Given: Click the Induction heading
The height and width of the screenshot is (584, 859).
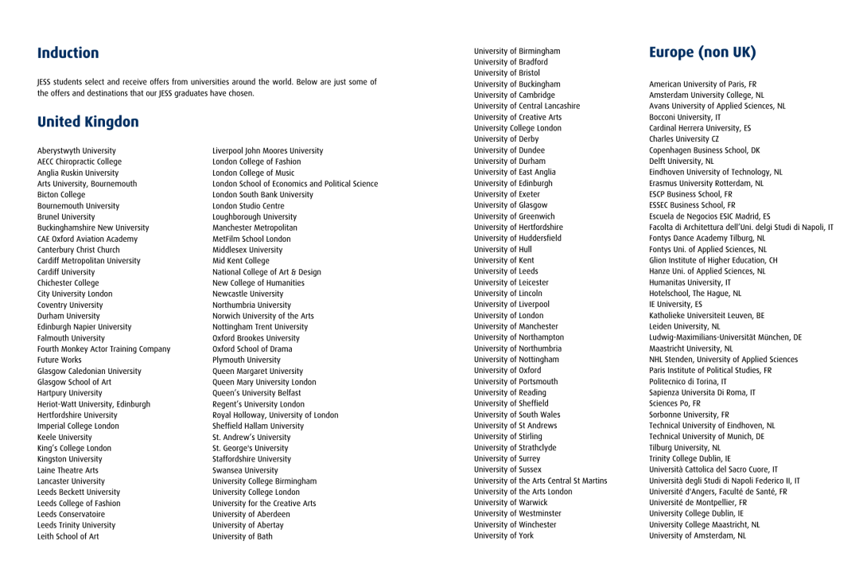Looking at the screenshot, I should pyautogui.click(x=68, y=53).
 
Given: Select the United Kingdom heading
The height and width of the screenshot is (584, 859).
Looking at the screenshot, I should pyautogui.click(x=88, y=122).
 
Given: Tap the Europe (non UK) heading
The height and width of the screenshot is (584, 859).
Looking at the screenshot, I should pyautogui.click(x=702, y=53).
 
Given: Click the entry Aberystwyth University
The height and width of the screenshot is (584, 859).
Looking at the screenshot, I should pyautogui.click(x=76, y=150).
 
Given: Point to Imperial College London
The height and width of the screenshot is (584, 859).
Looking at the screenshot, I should pyautogui.click(x=79, y=426).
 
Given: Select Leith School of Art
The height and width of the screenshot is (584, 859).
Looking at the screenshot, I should pyautogui.click(x=68, y=536).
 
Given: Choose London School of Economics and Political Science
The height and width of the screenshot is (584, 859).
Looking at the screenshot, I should pyautogui.click(x=295, y=184).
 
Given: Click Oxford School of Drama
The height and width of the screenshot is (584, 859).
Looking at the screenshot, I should pyautogui.click(x=251, y=348).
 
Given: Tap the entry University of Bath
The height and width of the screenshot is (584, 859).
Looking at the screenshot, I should pyautogui.click(x=243, y=536).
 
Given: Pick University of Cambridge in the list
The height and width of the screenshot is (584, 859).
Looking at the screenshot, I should pyautogui.click(x=515, y=95).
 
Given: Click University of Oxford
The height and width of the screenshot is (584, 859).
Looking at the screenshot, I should pyautogui.click(x=507, y=370).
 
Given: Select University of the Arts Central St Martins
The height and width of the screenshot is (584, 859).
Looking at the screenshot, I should pyautogui.click(x=541, y=481).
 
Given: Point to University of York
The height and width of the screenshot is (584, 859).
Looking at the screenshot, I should pyautogui.click(x=504, y=535).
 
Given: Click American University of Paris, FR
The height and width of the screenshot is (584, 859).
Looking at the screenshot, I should pyautogui.click(x=702, y=84).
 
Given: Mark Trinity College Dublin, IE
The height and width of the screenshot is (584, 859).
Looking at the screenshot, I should pyautogui.click(x=690, y=458).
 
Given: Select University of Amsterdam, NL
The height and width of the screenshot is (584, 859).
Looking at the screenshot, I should pyautogui.click(x=698, y=535).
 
